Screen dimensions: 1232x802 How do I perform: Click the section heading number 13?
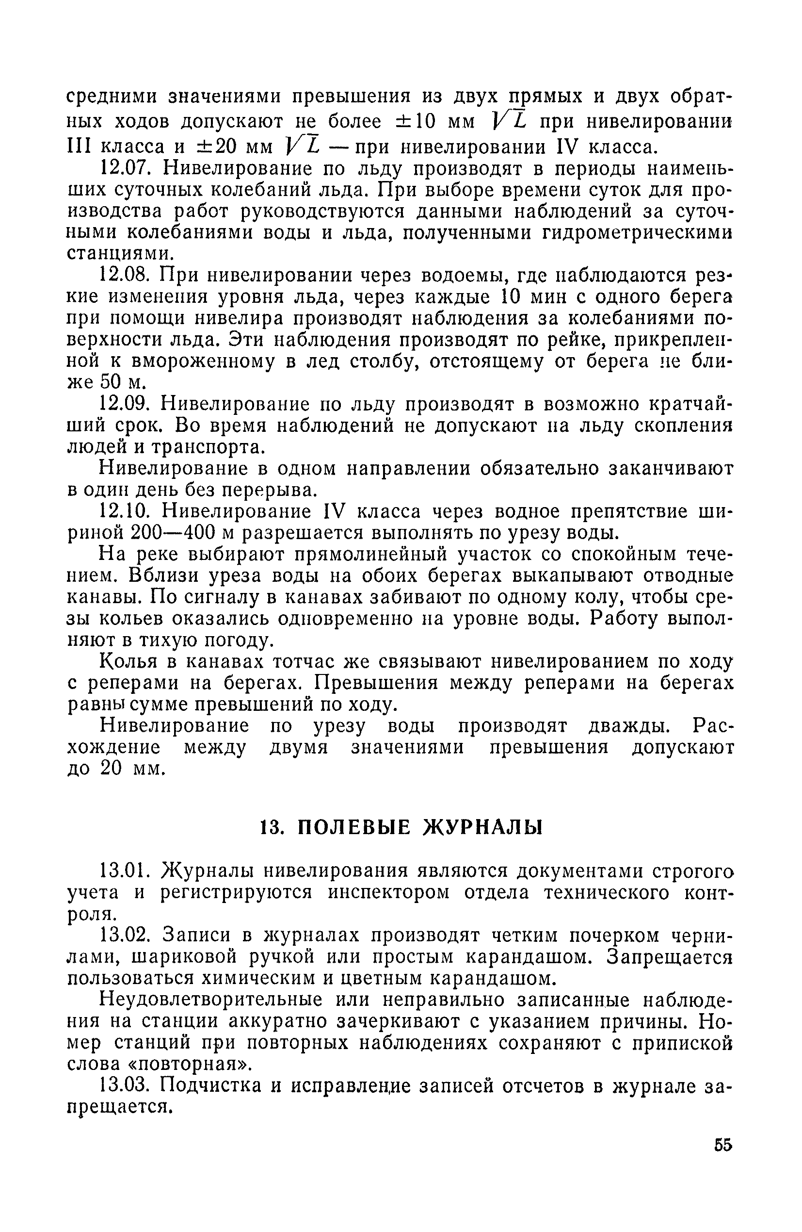pyautogui.click(x=270, y=828)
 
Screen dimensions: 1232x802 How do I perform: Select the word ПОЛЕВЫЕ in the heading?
pyautogui.click(x=354, y=828)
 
